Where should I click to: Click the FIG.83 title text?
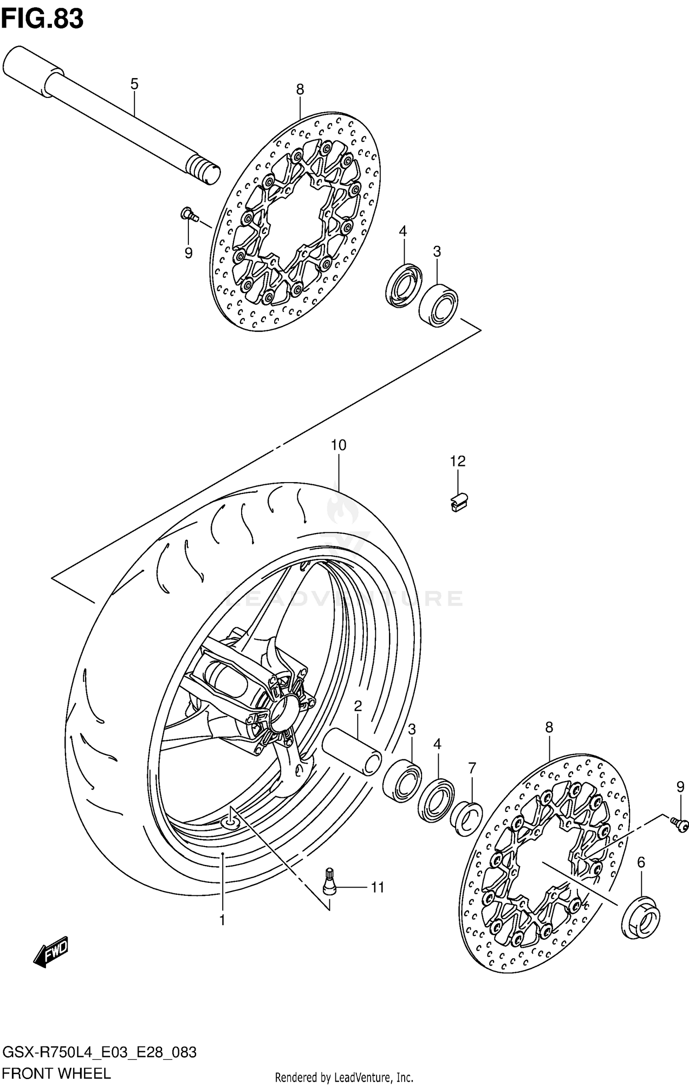coord(42,19)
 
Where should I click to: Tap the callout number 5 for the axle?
coord(134,84)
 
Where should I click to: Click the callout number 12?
coord(457,461)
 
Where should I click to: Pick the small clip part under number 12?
coord(458,501)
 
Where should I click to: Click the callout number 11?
coord(377,887)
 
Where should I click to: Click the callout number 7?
coord(472,768)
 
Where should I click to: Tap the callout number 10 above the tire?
coord(338,445)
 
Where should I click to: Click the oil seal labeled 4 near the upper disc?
coord(404,285)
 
